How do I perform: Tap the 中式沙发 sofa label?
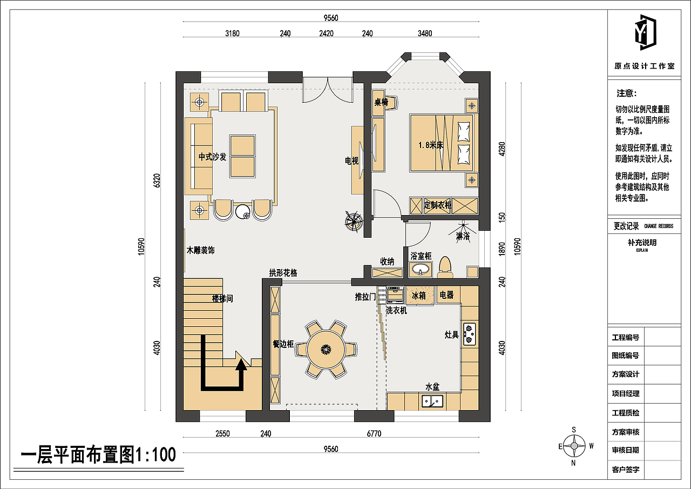[x=212, y=157]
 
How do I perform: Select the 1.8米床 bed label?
[x=431, y=145]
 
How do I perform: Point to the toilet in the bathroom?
[x=445, y=266]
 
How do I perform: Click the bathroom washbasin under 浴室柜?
[x=421, y=269]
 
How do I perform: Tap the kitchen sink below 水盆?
[x=432, y=401]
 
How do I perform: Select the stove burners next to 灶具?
[x=469, y=334]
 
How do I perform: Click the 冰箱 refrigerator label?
[x=419, y=296]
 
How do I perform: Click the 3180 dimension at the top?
[x=232, y=34]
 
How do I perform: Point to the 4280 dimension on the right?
[x=502, y=150]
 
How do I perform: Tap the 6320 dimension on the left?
[x=157, y=180]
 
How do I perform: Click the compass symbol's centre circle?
[x=574, y=446]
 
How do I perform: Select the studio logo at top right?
[x=644, y=34]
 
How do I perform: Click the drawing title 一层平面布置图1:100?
[x=98, y=455]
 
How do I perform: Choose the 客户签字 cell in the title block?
[x=626, y=470]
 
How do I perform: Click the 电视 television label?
[x=352, y=160]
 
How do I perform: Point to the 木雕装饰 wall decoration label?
[x=201, y=251]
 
